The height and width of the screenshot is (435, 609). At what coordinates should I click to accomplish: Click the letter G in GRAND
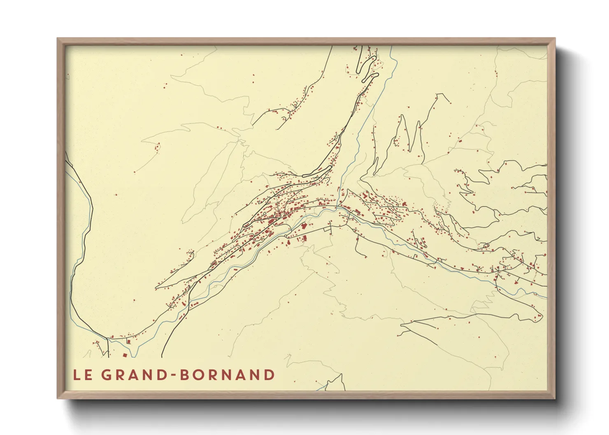pyautogui.click(x=107, y=375)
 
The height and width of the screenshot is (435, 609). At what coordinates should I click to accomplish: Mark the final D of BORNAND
pyautogui.click(x=270, y=375)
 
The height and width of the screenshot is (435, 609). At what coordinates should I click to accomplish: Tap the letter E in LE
pyautogui.click(x=88, y=375)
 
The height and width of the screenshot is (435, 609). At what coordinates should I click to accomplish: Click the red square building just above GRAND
pyautogui.click(x=125, y=355)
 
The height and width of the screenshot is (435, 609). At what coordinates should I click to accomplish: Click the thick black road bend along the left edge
pyautogui.click(x=91, y=206)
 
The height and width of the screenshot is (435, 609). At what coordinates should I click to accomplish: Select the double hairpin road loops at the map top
pyautogui.click(x=368, y=72)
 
